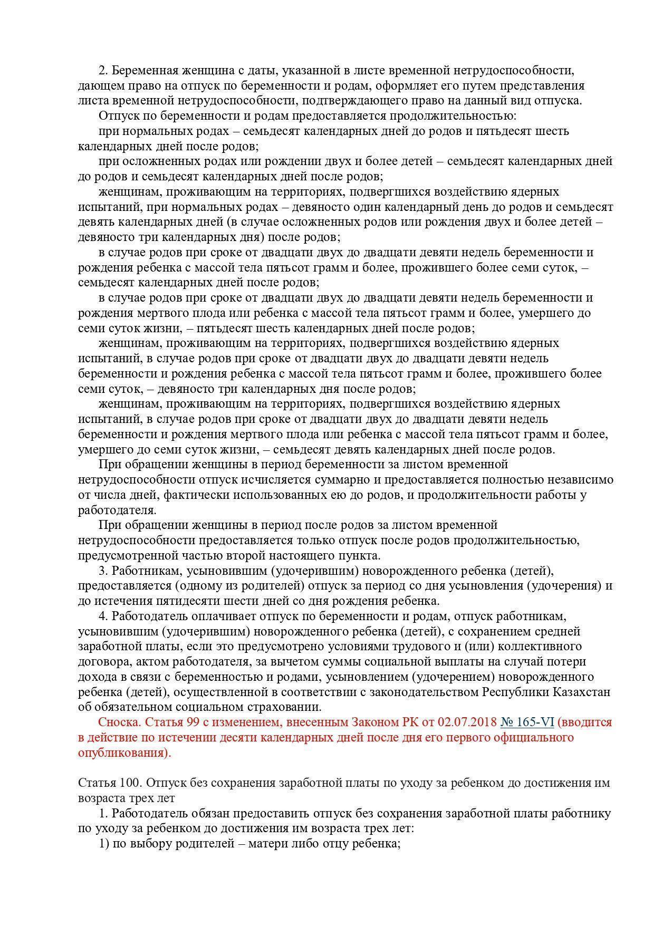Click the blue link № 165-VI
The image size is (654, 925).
(x=527, y=722)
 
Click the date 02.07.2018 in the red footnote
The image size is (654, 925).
(x=467, y=722)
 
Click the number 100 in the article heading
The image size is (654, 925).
(x=124, y=783)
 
